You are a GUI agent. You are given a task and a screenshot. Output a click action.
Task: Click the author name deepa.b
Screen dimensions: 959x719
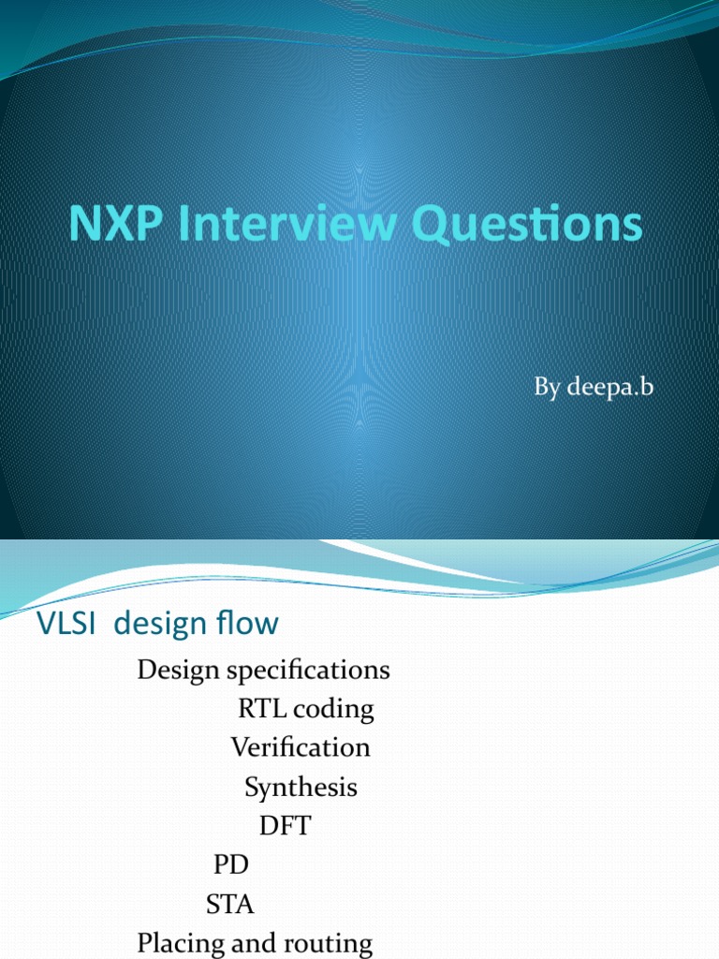pos(608,387)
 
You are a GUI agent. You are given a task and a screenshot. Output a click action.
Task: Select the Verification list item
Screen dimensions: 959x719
pos(301,747)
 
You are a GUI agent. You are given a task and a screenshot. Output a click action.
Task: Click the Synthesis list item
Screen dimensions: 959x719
pos(301,788)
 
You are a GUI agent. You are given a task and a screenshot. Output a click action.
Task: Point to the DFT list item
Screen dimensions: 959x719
pos(285,826)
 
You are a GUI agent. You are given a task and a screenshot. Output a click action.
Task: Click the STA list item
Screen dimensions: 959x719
pos(229,905)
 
